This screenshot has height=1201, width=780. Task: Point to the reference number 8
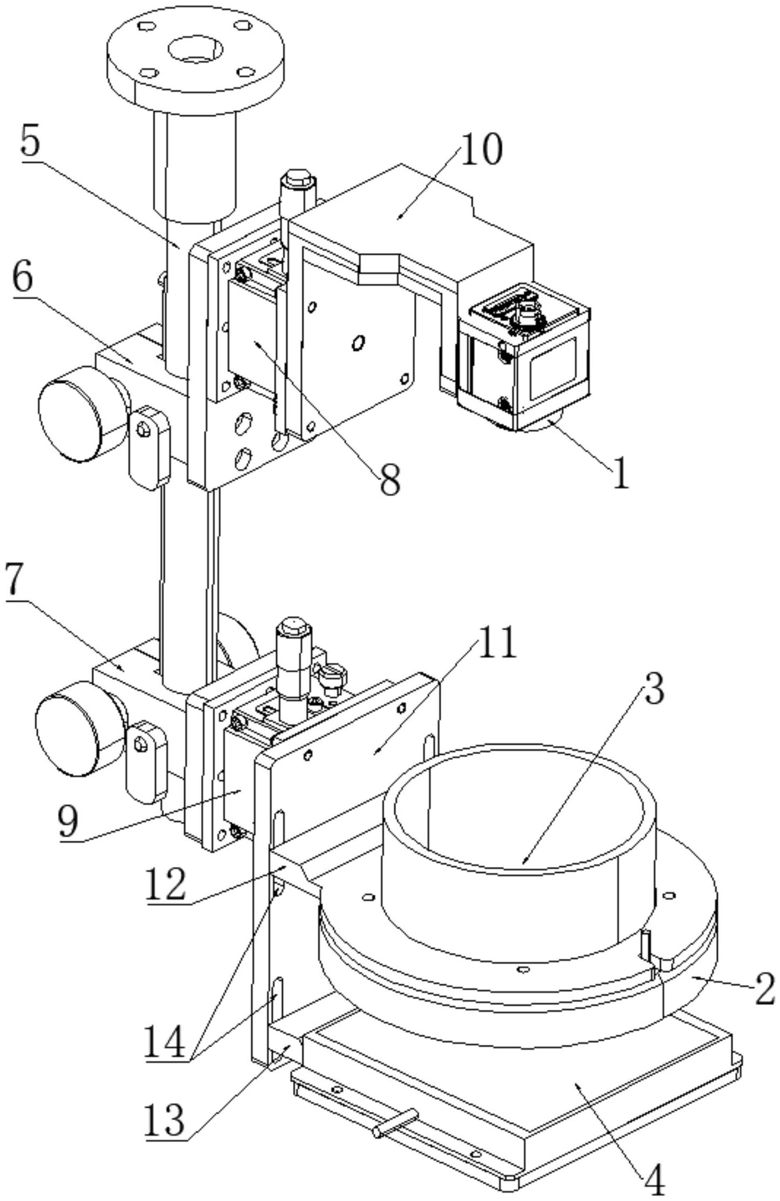(x=389, y=479)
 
